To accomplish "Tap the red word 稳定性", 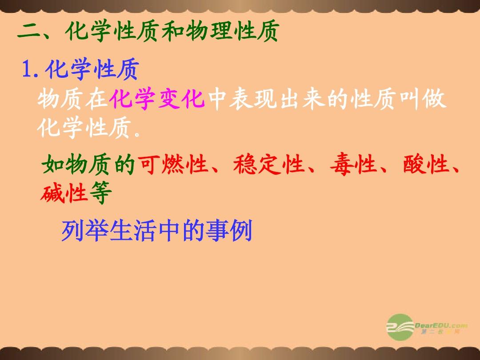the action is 268,164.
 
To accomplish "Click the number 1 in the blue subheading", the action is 27,69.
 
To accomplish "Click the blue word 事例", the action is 229,231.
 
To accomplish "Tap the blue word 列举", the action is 84,231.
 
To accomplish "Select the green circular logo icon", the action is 400,327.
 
